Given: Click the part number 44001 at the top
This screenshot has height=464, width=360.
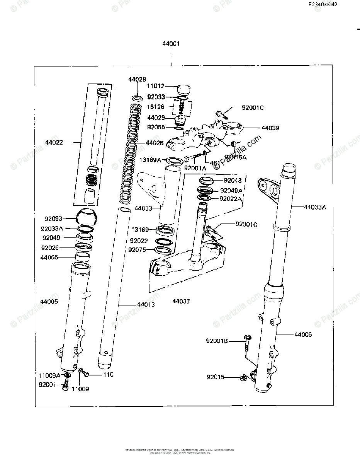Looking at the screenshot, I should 171,44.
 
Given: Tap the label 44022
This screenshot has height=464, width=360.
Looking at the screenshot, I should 54,142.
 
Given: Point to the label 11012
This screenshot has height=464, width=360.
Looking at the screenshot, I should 156,87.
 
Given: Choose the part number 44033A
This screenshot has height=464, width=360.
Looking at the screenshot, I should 314,207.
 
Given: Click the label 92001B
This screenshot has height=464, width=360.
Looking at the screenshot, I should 217,341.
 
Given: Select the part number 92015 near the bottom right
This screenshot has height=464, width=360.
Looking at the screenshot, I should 216,377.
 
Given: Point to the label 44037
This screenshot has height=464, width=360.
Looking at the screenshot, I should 181,301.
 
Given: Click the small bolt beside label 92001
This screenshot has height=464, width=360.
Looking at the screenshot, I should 65,384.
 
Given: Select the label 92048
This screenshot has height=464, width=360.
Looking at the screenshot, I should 233,181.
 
